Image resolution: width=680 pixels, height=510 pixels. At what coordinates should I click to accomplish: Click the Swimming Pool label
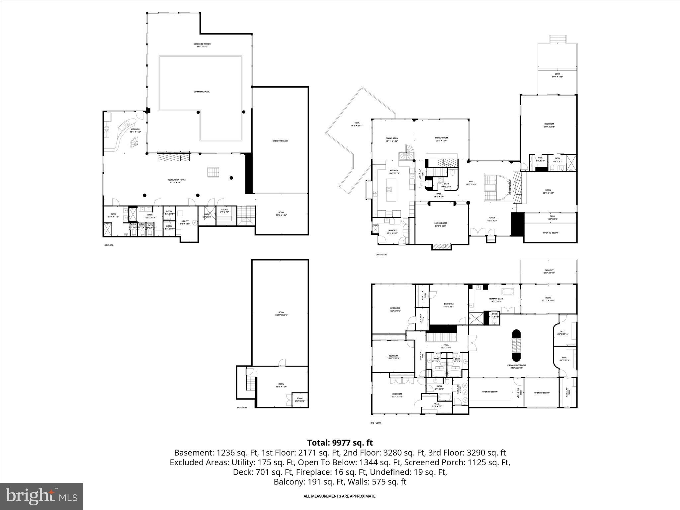tap(202, 92)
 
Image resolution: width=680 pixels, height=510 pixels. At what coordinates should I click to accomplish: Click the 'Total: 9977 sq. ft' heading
tap(340, 443)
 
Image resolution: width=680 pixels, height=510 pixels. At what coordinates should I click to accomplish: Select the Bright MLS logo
tap(42, 496)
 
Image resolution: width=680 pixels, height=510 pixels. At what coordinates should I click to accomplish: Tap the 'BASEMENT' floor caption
tap(242, 408)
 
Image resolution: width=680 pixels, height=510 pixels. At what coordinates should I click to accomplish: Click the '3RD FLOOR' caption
tap(376, 423)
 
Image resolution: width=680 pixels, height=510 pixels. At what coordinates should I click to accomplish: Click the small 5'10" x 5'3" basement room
tap(299, 399)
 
